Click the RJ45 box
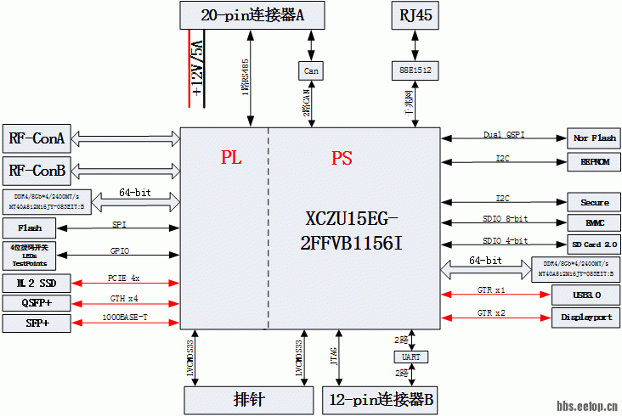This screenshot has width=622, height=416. (x=416, y=15)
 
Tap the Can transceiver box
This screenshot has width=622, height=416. (x=312, y=71)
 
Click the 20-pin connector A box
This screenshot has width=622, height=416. (x=252, y=14)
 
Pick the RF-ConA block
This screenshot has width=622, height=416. (x=37, y=138)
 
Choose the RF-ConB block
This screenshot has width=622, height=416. (x=37, y=171)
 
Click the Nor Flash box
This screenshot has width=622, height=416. (x=594, y=138)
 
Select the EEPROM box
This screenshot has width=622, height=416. (x=594, y=161)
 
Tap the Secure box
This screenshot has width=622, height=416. (x=594, y=202)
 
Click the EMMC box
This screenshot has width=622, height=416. (x=594, y=223)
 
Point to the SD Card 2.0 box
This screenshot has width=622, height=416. (x=594, y=245)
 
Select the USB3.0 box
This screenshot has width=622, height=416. (x=585, y=295)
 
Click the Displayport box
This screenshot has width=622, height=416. (x=585, y=318)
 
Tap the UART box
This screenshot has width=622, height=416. (x=410, y=357)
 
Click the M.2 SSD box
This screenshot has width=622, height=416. (x=37, y=281)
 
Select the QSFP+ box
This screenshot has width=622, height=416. (x=37, y=302)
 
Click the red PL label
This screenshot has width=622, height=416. (x=231, y=157)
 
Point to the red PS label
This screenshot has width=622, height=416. (x=341, y=158)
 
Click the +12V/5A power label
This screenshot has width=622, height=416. (x=196, y=64)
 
